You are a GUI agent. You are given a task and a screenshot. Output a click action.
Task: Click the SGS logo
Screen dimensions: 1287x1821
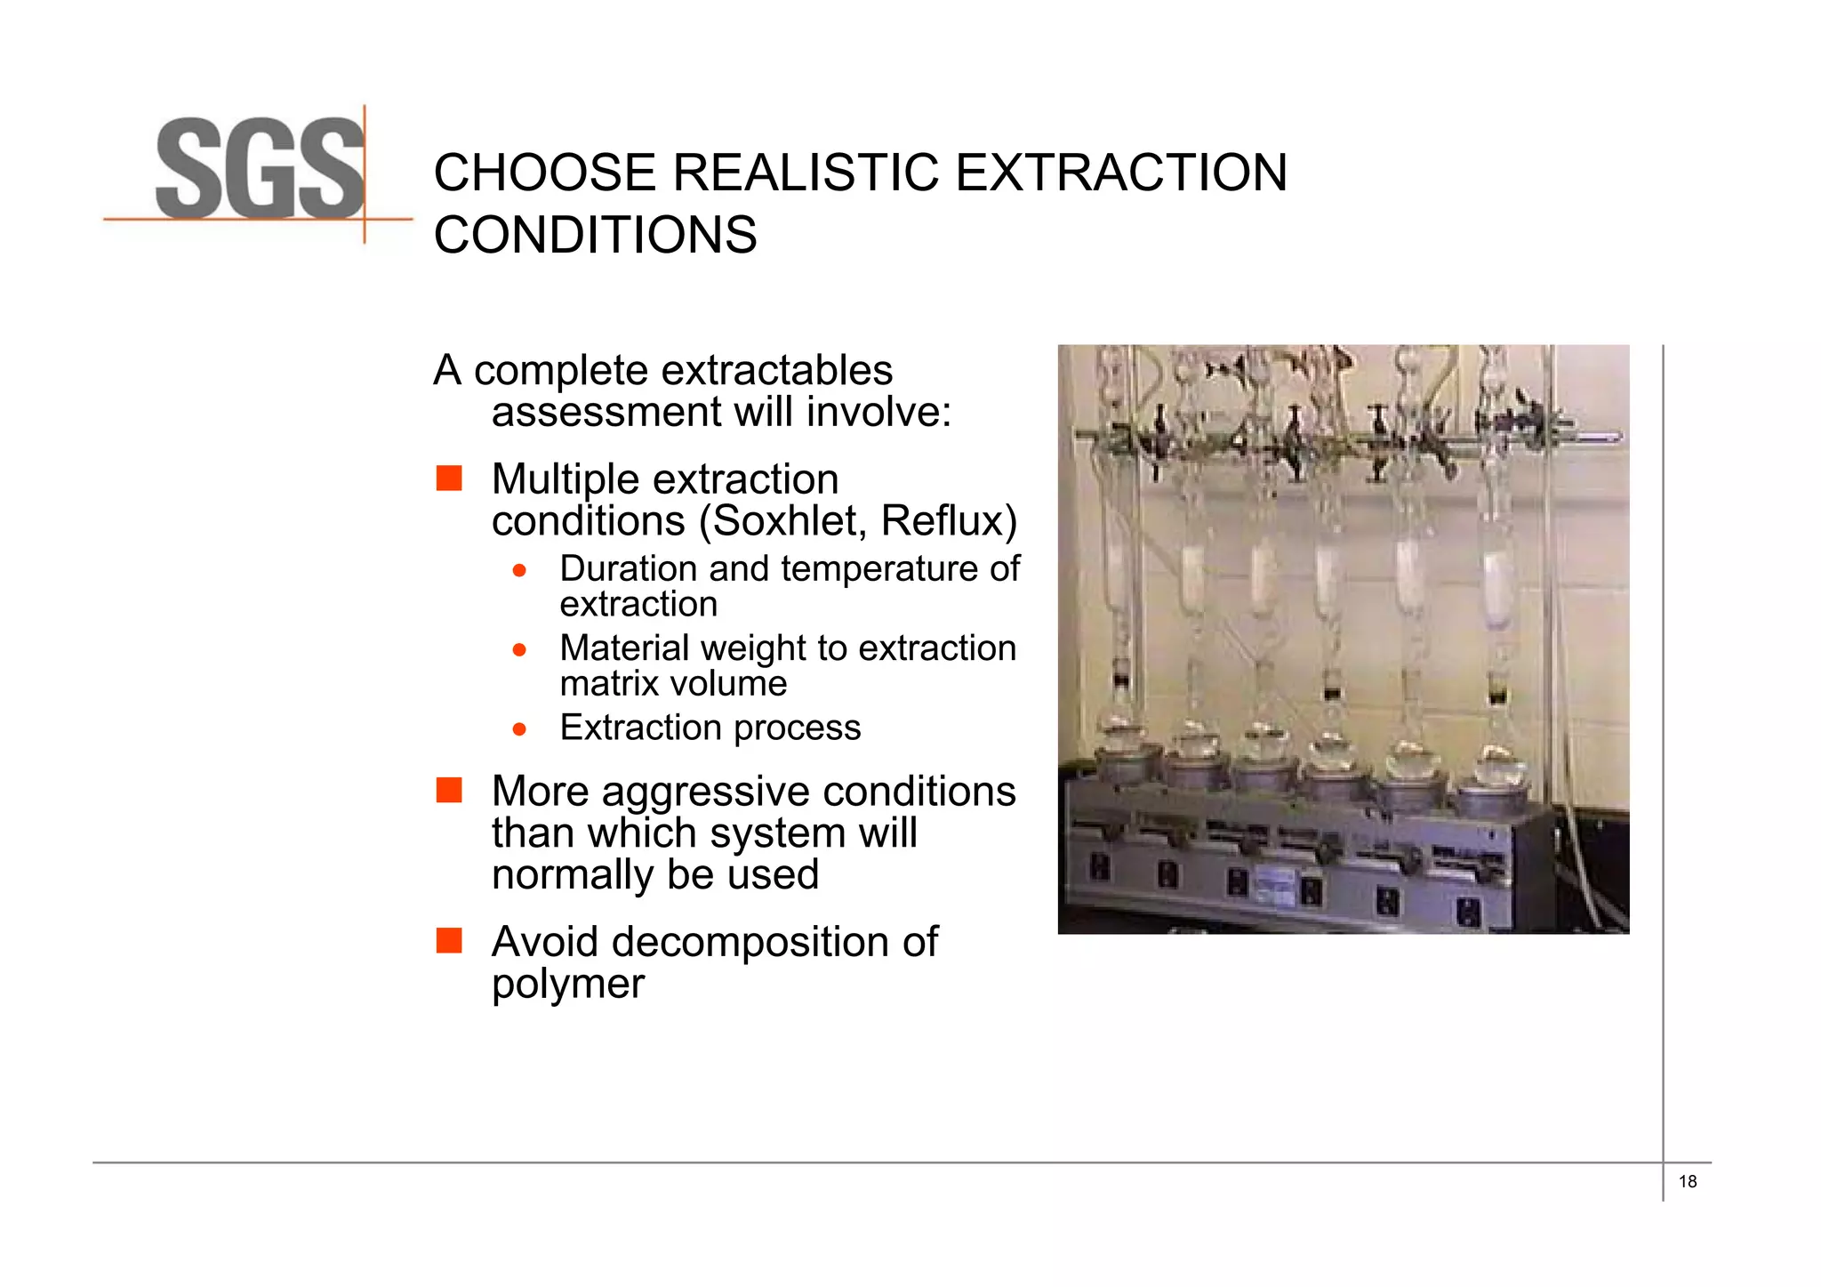[x=260, y=169]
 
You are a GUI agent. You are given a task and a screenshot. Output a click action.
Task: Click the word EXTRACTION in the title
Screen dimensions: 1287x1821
[x=1120, y=173]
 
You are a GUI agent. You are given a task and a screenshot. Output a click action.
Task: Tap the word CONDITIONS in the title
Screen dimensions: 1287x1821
[x=595, y=236]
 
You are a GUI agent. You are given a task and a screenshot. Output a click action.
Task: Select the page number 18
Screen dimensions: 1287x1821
[x=1687, y=1182]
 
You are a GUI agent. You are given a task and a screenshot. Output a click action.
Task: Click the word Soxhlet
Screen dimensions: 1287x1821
[x=785, y=521]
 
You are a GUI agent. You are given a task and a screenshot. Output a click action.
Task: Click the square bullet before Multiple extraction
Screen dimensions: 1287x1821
[x=449, y=479]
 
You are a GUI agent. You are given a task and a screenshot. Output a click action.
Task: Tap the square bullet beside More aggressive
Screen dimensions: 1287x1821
[x=449, y=790]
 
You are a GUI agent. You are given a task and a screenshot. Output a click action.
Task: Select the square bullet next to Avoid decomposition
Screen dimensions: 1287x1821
[x=449, y=940]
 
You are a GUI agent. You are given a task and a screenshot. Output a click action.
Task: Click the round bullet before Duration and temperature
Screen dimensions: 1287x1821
[x=520, y=570]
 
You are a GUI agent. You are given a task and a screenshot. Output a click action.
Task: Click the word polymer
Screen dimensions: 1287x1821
[x=567, y=984]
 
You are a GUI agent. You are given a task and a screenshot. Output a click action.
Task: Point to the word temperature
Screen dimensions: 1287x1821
[x=860, y=569]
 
